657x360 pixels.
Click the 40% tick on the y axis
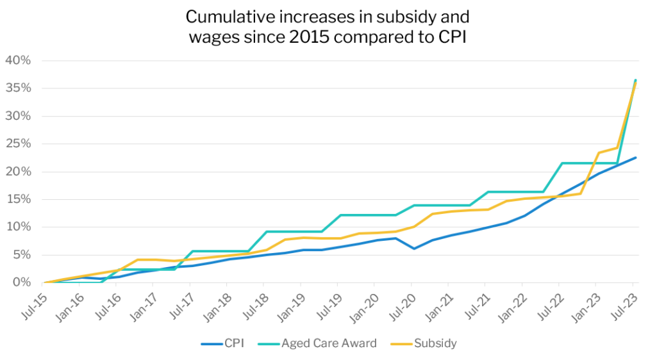tap(18, 61)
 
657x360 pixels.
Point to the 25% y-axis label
tap(18, 144)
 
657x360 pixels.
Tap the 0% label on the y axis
tap(21, 282)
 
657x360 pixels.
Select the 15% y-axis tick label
tap(18, 199)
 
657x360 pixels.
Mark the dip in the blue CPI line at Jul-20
tap(414, 249)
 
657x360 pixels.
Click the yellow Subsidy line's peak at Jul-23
tap(635, 83)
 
